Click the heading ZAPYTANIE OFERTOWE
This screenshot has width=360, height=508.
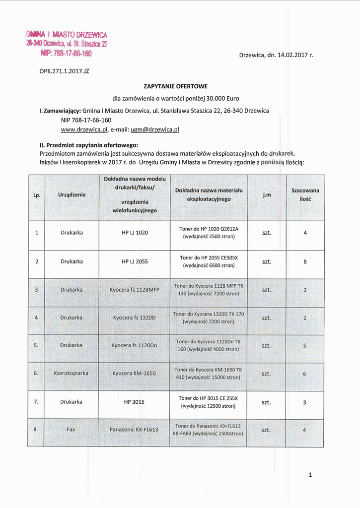point(176,86)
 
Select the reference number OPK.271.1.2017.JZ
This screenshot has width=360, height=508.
point(64,71)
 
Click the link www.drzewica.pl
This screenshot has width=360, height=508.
point(84,129)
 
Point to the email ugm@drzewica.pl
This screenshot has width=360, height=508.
point(154,129)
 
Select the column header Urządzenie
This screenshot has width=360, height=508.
point(72,195)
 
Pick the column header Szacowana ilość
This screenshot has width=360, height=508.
point(305,194)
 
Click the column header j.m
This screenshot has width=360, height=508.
point(267,195)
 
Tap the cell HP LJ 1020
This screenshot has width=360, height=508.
point(135,233)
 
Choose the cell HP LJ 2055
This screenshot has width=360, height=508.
point(135,261)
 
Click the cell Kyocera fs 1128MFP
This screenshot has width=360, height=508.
point(135,290)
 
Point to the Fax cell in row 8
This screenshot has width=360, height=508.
point(71,430)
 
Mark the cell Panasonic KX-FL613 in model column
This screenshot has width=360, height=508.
point(134,430)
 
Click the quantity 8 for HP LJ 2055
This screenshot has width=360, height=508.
point(305,262)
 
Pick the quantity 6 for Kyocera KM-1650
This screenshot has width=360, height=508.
point(305,374)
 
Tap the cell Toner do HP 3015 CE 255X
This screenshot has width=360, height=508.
point(209,402)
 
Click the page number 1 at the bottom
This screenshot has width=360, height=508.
point(310,475)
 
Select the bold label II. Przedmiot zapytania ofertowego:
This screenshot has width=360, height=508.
point(88,145)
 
